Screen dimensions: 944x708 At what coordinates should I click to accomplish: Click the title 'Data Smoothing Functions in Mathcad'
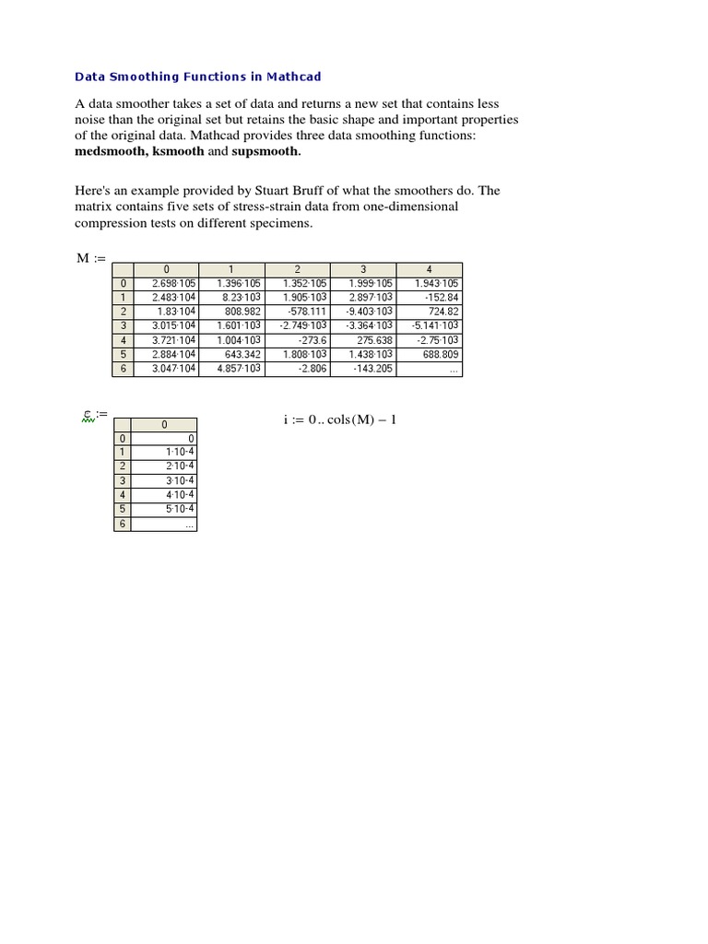197,77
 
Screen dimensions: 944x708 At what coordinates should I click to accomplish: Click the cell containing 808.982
243,312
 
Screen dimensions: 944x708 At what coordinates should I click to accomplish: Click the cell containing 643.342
243,354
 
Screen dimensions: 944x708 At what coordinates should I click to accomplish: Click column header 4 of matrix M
430,270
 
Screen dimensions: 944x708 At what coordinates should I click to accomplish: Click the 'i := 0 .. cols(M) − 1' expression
340,420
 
